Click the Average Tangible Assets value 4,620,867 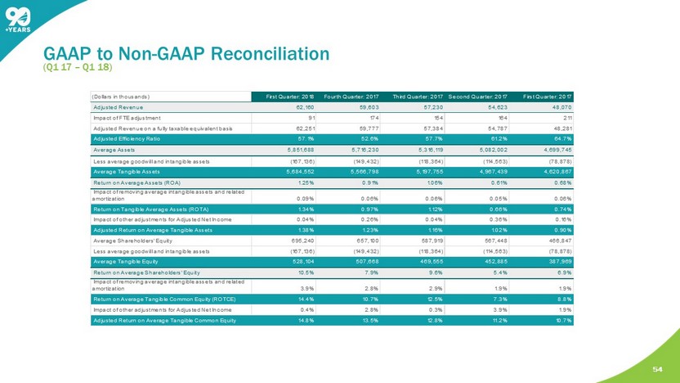pyautogui.click(x=552, y=171)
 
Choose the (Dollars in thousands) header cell pyautogui.click(x=123, y=97)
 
